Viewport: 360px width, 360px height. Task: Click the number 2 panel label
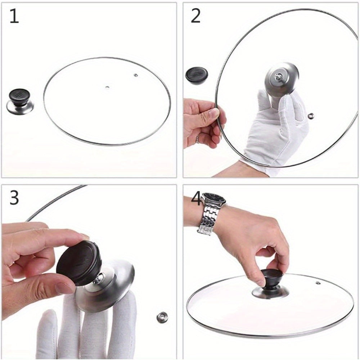[195, 16]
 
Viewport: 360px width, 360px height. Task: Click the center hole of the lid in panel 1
[107, 87]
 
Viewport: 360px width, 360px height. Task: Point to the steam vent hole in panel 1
[135, 75]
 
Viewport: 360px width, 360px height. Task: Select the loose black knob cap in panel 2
[197, 75]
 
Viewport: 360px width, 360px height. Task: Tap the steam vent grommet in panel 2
[311, 116]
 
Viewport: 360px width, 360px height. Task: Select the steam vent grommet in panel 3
[162, 317]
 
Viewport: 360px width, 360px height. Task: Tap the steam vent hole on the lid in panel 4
[318, 283]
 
